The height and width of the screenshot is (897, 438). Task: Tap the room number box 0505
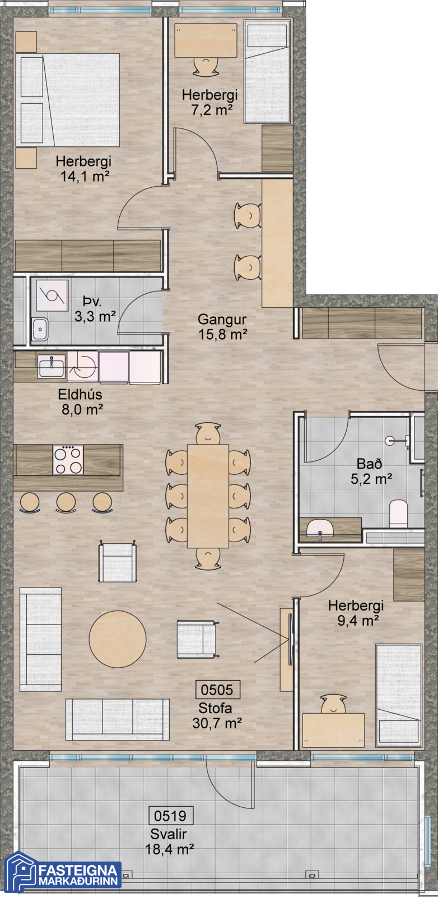(217, 690)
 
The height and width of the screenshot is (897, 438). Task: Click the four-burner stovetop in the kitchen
(68, 460)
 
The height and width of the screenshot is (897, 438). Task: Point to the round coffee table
(118, 639)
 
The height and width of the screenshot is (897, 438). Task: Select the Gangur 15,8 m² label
(222, 327)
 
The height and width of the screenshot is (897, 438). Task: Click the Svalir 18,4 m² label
(170, 841)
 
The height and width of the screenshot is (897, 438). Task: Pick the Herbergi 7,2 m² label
(210, 102)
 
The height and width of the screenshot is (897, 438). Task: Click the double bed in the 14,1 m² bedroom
(68, 99)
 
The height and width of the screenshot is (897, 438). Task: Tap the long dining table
(208, 496)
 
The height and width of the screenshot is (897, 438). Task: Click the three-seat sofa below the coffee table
(118, 720)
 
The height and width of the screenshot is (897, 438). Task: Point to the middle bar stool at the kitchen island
(66, 502)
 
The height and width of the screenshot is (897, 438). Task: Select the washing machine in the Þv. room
(52, 295)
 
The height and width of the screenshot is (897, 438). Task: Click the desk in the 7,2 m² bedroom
(206, 40)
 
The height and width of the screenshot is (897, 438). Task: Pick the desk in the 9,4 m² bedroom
(333, 730)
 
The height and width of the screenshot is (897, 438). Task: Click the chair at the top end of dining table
(208, 433)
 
